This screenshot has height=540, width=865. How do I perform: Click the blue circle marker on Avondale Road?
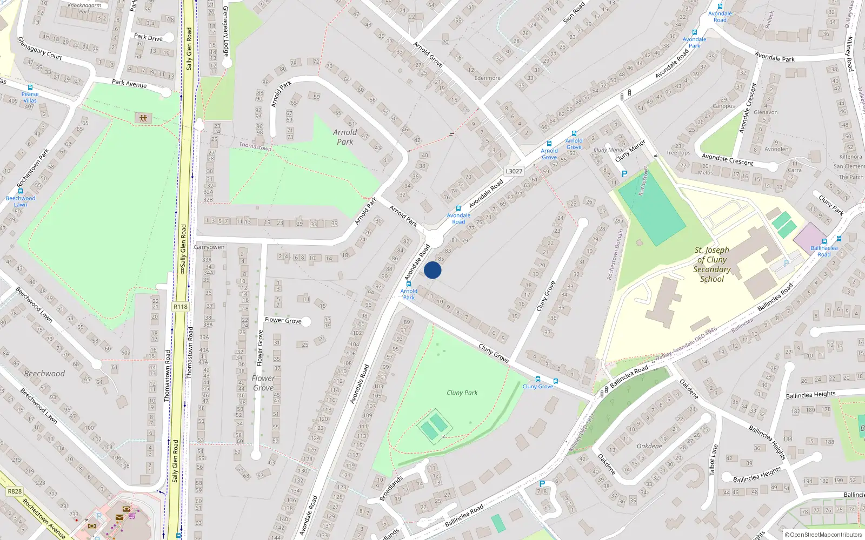432,270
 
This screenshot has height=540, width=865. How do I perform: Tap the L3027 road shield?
514,171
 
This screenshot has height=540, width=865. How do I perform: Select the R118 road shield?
181,307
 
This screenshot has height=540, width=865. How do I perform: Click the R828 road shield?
15,491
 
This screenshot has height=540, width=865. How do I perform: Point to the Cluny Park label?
462,393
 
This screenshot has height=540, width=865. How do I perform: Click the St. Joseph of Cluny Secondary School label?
711,265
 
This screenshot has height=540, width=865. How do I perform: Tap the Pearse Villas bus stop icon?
30,87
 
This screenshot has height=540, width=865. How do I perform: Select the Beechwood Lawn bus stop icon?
21,191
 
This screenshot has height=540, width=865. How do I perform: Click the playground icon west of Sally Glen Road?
143,118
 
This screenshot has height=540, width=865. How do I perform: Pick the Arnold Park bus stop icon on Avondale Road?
409,284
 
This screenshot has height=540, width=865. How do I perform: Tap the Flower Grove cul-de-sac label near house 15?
283,320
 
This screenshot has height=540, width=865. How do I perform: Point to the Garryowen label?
209,247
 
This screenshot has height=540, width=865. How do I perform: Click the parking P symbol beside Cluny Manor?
624,174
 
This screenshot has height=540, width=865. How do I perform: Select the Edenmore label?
487,78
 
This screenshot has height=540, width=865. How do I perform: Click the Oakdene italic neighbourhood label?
649,446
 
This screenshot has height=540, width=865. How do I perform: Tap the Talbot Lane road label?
714,460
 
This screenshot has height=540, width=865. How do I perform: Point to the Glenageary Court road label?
40,49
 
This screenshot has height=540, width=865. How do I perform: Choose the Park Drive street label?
148,38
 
